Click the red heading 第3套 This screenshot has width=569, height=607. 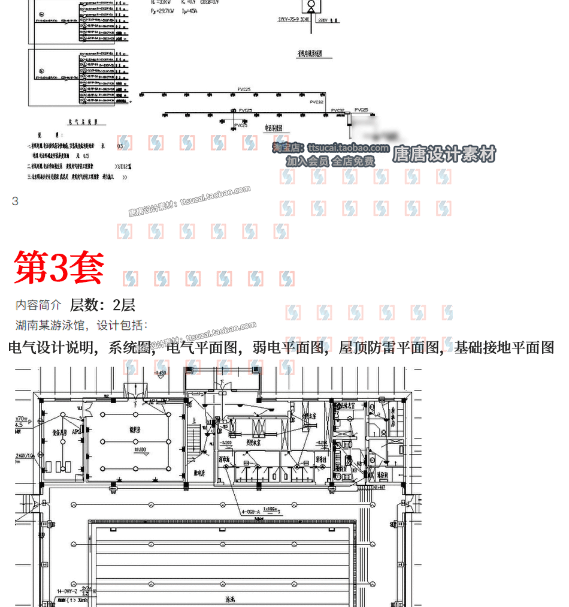pyautogui.click(x=59, y=268)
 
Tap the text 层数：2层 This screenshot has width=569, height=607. pyautogui.click(x=102, y=305)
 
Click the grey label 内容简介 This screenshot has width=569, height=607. pyautogui.click(x=38, y=305)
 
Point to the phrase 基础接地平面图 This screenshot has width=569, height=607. pyautogui.click(x=504, y=347)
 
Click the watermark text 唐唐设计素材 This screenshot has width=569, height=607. pyautogui.click(x=444, y=155)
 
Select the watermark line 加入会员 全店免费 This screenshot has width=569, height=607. pyautogui.click(x=330, y=161)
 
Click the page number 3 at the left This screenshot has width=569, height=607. pyautogui.click(x=15, y=202)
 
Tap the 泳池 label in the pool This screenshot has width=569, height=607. pyautogui.click(x=231, y=599)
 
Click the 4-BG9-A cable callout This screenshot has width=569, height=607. pyautogui.click(x=254, y=512)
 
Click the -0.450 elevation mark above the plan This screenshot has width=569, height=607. pyautogui.click(x=160, y=373)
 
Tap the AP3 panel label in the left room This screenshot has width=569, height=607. pyautogui.click(x=76, y=431)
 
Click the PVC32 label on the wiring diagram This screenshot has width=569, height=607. pyautogui.click(x=317, y=102)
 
